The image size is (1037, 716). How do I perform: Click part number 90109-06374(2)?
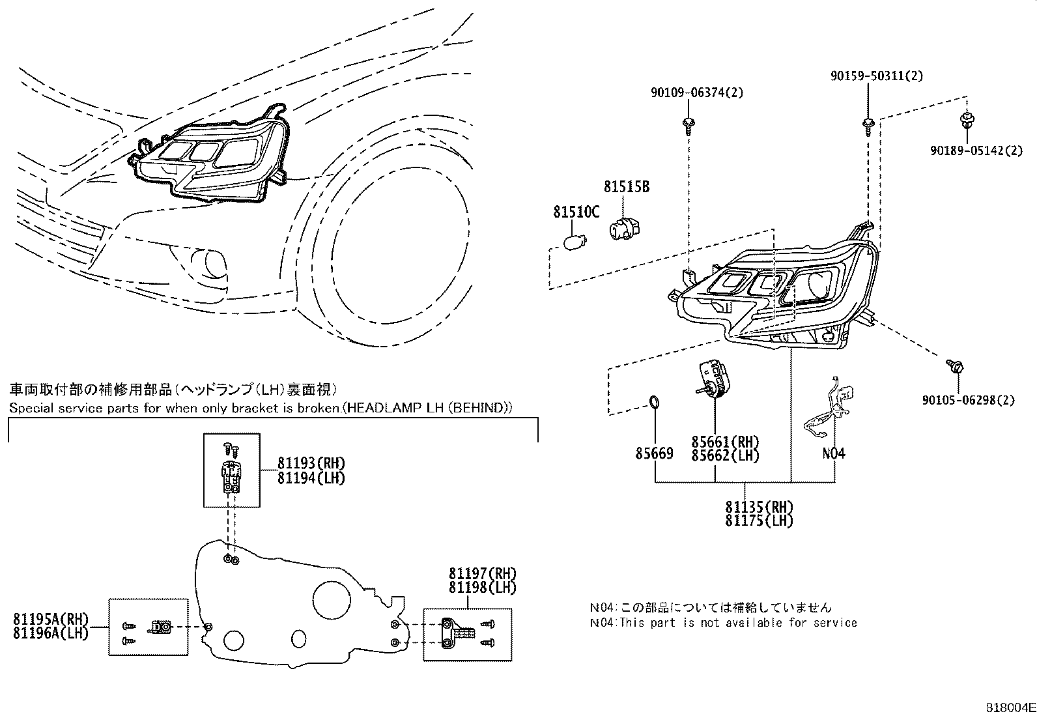(x=696, y=93)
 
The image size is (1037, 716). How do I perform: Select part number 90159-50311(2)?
(x=876, y=76)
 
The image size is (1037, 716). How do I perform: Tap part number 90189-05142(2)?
(x=976, y=150)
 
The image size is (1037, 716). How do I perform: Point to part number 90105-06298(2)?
(x=968, y=400)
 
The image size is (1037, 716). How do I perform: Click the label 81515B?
(x=626, y=187)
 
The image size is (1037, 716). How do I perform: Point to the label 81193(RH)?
(x=310, y=463)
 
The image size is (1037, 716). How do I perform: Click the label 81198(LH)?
(x=482, y=588)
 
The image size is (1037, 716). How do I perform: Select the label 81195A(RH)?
(x=50, y=618)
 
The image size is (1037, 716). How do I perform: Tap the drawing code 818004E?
(x=1009, y=707)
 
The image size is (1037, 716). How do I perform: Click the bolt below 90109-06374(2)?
(x=688, y=124)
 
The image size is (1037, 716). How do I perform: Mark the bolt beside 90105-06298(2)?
(x=955, y=366)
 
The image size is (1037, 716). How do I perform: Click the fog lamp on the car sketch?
(x=209, y=265)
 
